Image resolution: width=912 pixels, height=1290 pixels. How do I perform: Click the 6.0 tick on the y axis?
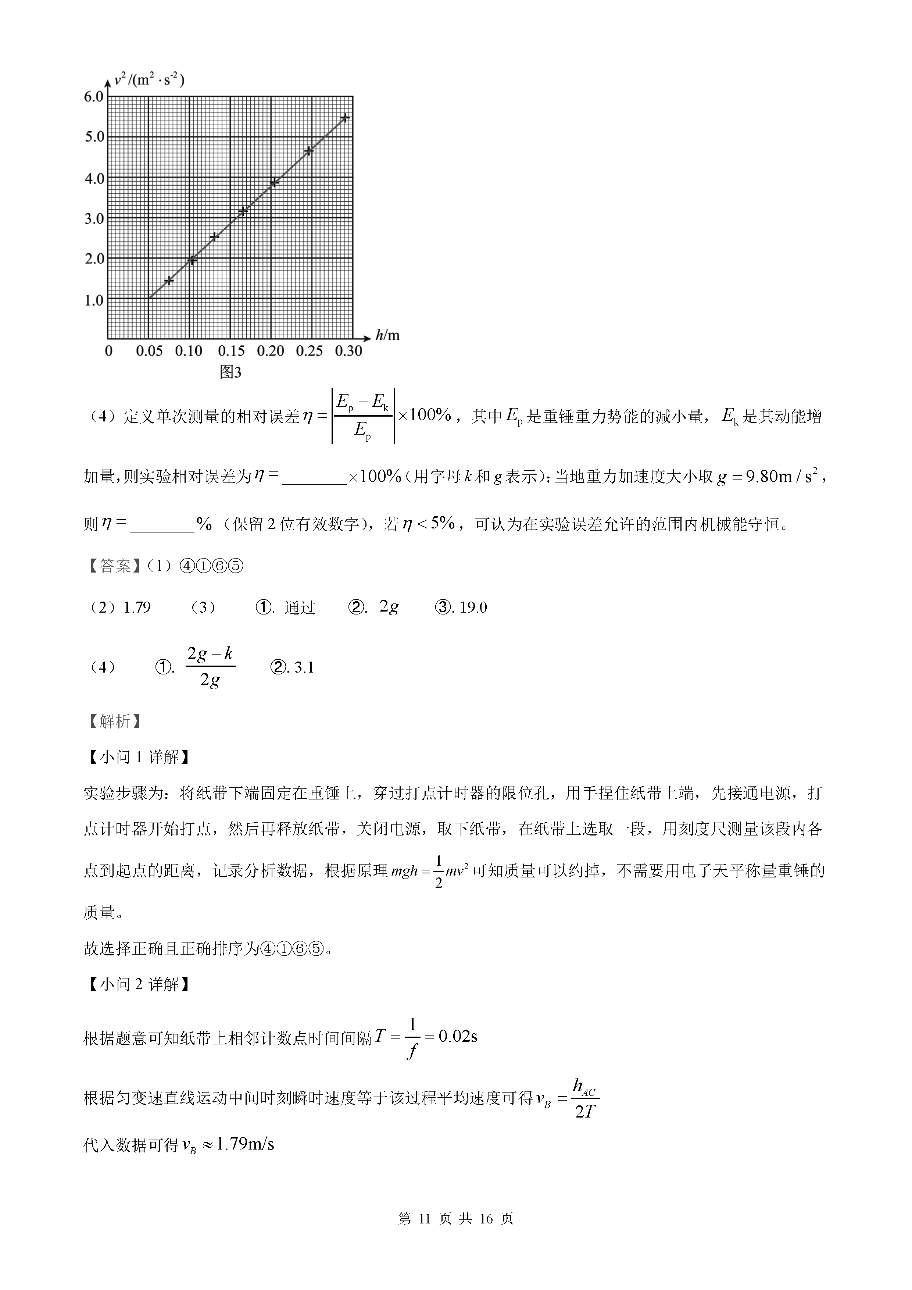point(94,97)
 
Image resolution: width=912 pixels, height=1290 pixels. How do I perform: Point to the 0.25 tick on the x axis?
point(310,351)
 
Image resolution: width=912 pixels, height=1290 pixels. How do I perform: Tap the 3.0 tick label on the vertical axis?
point(94,218)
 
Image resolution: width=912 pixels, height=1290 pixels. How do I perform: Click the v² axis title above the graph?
point(149,80)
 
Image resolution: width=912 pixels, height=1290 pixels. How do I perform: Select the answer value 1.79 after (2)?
point(137,607)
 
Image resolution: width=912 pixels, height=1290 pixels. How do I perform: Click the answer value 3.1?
point(304,667)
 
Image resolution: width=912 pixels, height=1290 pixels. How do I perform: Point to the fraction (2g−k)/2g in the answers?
point(210,667)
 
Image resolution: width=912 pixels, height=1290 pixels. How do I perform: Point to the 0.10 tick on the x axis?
point(189,351)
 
